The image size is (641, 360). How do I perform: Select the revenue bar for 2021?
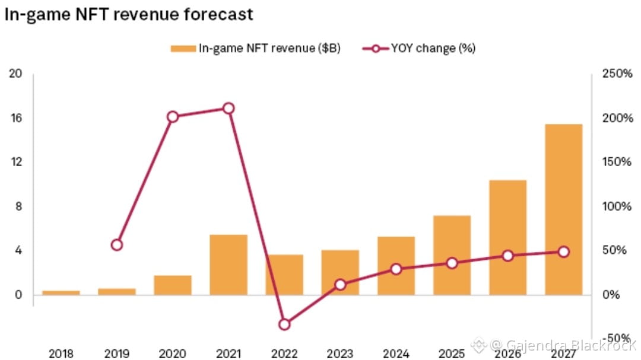(x=229, y=265)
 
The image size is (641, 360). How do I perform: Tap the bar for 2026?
(x=507, y=237)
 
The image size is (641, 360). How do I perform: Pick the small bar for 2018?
(x=61, y=292)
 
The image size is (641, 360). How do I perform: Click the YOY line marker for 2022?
(x=284, y=324)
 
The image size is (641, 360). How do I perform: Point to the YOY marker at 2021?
(x=229, y=108)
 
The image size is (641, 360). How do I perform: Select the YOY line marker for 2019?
(x=117, y=245)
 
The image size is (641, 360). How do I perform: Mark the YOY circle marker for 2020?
(x=173, y=117)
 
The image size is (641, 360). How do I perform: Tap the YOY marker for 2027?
(x=563, y=252)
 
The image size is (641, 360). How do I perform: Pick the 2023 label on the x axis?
(x=340, y=354)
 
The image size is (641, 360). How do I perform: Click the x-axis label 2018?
(x=61, y=354)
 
